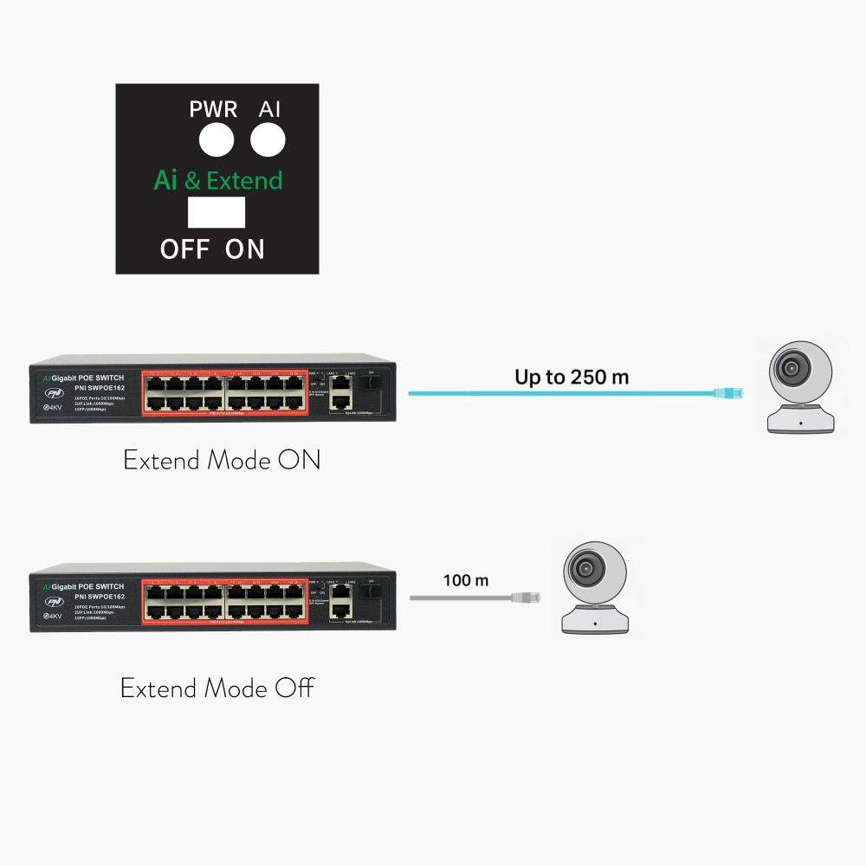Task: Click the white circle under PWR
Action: coord(216,139)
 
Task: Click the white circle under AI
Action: coord(268,139)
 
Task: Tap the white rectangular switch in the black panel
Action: coord(216,212)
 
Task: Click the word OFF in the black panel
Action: coord(184,249)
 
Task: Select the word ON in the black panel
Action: coord(245,249)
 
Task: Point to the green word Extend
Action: coord(244,180)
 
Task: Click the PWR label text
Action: coord(213,110)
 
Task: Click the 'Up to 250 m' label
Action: coord(572,377)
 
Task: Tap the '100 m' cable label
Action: coord(466,580)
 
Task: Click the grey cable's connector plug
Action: coord(526,598)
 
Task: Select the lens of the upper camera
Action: coord(791,368)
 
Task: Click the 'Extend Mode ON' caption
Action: coord(222,460)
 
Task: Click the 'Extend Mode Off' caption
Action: coord(216,688)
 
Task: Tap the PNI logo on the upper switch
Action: coord(55,394)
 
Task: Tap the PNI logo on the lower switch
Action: coord(55,602)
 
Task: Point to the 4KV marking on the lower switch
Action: coord(53,617)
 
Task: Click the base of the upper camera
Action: coord(800,421)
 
